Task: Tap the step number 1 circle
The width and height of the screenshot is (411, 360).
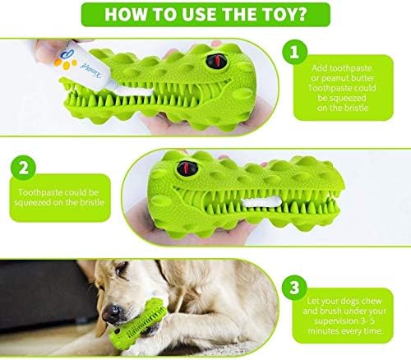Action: pyautogui.click(x=294, y=52)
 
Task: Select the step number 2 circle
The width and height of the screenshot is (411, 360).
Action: pyautogui.click(x=23, y=168)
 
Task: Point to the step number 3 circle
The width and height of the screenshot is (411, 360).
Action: pyautogui.click(x=294, y=288)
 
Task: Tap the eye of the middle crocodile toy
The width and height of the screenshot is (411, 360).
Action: pyautogui.click(x=187, y=168)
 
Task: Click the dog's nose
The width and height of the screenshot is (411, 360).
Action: pyautogui.click(x=112, y=313)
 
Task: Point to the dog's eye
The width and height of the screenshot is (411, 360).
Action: pyautogui.click(x=121, y=268)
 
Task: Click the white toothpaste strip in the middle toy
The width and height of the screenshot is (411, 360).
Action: pyautogui.click(x=258, y=202)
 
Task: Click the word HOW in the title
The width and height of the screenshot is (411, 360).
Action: pyautogui.click(x=126, y=14)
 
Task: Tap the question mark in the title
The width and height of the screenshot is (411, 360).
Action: pyautogui.click(x=301, y=14)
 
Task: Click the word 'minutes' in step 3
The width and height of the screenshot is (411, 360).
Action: pyautogui.click(x=325, y=331)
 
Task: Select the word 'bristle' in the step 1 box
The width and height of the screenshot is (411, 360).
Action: pyautogui.click(x=355, y=108)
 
